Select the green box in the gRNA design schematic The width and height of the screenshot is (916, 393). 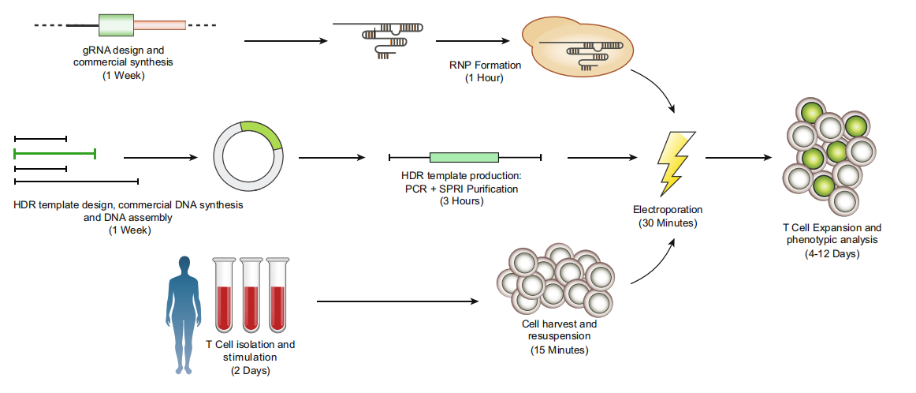[x=117, y=25]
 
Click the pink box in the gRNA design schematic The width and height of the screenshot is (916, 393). [x=160, y=25]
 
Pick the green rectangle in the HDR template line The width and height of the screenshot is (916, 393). [x=464, y=157]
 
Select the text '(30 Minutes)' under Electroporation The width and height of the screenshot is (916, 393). [x=667, y=223]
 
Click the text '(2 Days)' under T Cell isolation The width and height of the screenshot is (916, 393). [x=250, y=369]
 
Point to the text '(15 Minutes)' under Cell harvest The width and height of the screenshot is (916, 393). [x=559, y=349]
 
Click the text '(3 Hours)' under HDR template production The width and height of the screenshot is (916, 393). [x=461, y=201]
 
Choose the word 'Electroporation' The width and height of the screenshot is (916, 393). [x=667, y=210]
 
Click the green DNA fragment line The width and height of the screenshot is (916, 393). [x=54, y=153]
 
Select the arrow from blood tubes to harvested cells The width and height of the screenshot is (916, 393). [x=397, y=301]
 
